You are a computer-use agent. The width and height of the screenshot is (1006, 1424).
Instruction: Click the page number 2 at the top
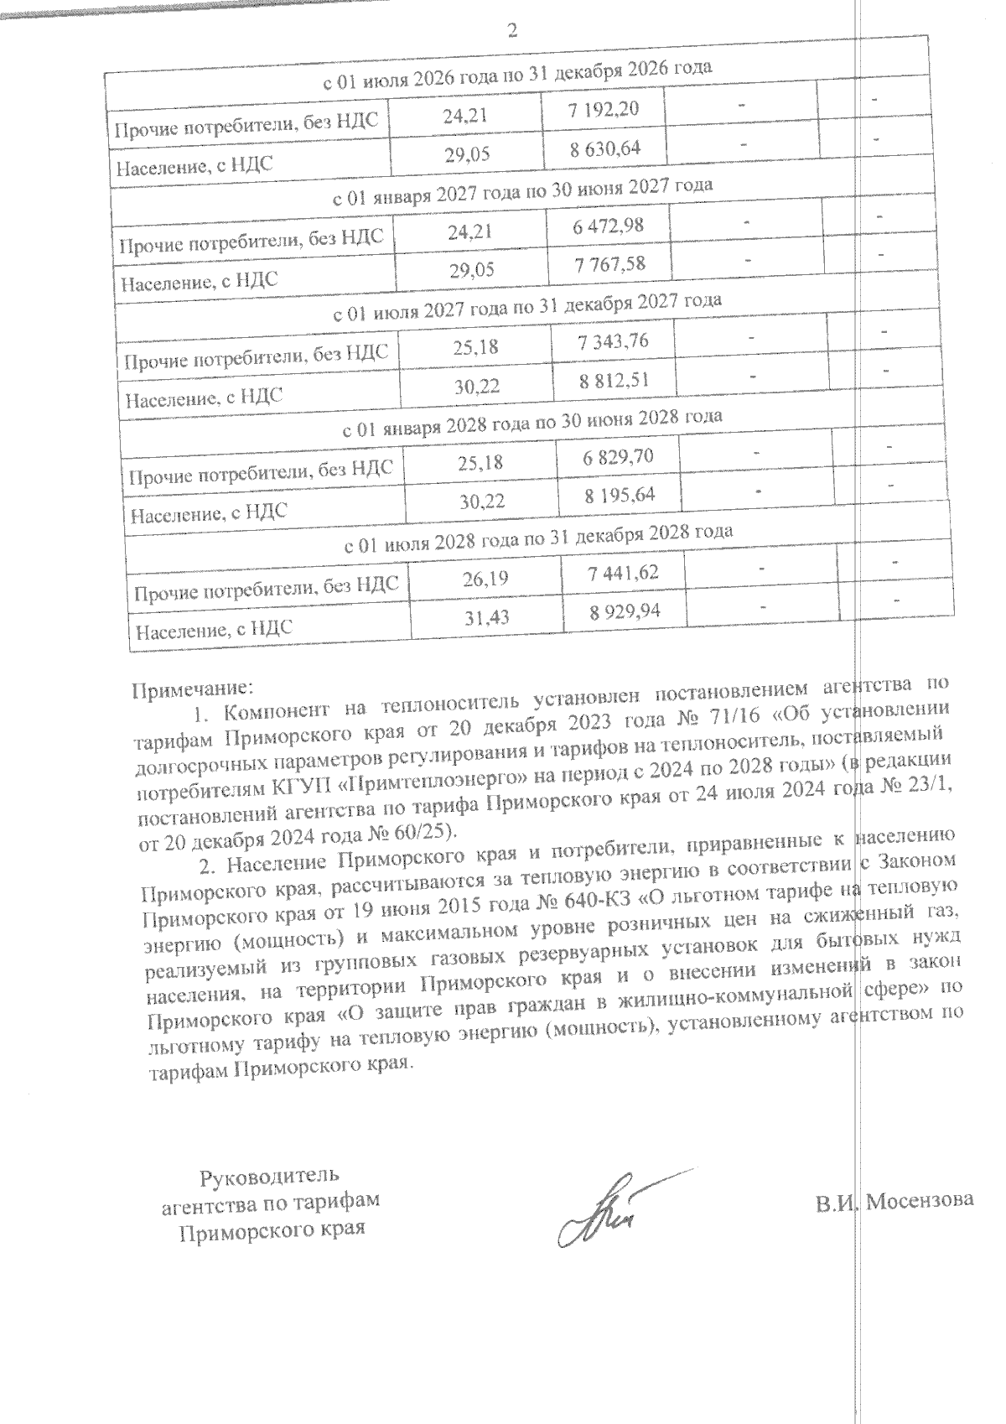(513, 31)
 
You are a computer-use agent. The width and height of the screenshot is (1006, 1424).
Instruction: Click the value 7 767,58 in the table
(610, 263)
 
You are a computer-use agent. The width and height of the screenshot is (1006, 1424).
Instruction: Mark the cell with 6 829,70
(619, 457)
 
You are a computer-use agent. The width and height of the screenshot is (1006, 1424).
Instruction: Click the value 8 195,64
(620, 495)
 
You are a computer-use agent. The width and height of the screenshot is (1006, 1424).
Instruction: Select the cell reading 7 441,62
(624, 573)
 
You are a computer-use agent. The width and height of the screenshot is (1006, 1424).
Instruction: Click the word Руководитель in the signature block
(269, 1175)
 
